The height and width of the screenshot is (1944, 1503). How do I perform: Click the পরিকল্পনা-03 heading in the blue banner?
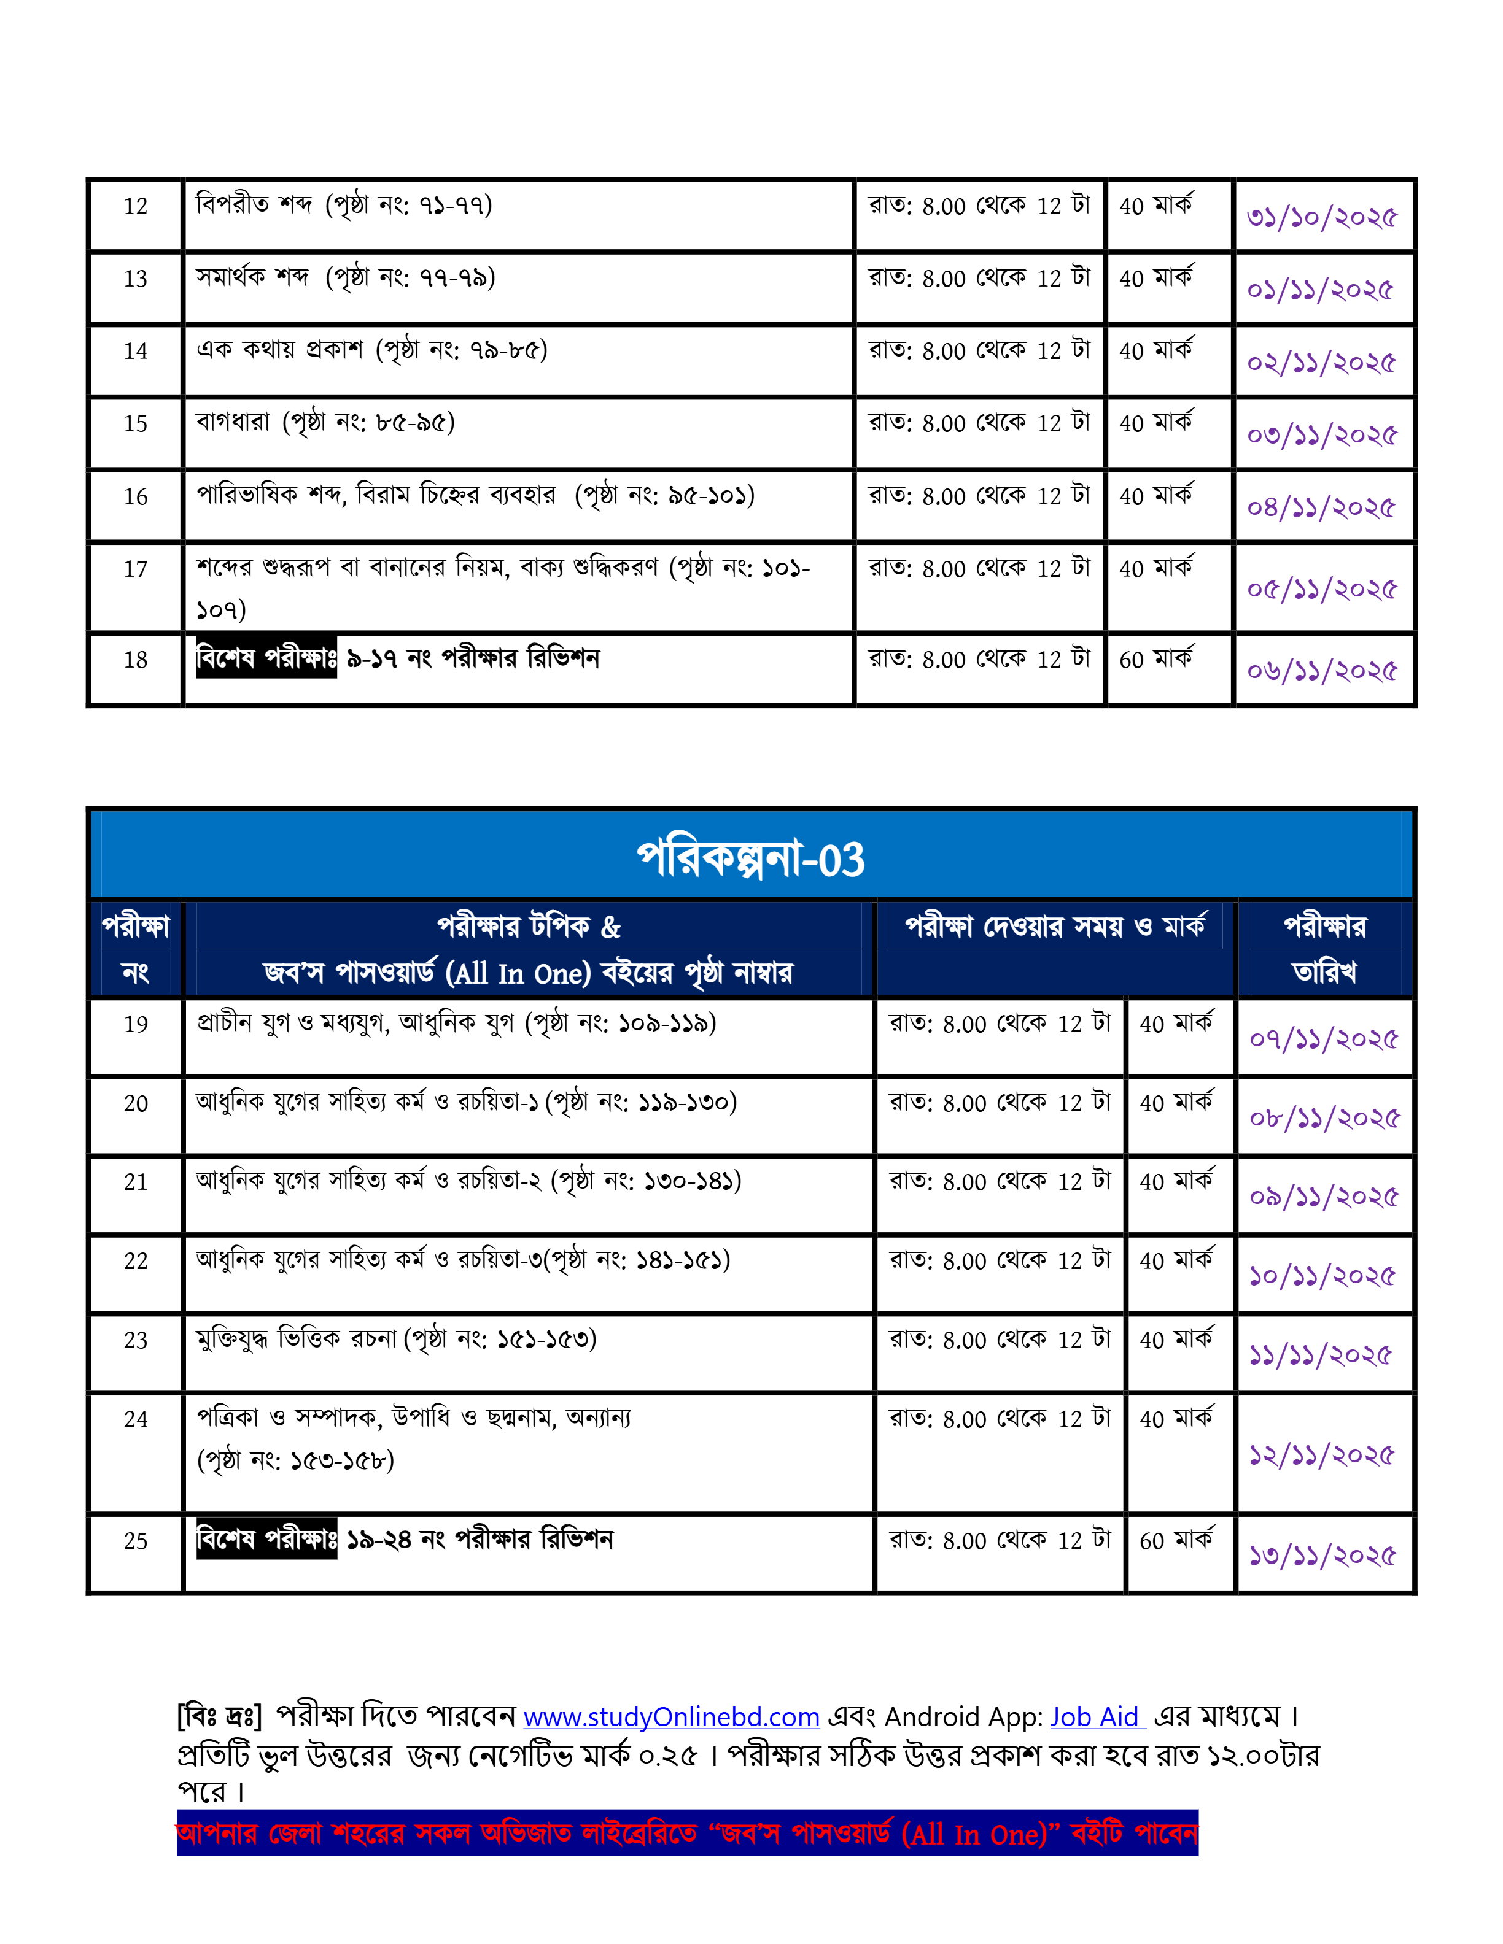751,859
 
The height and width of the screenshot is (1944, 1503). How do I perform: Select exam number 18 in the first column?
135,660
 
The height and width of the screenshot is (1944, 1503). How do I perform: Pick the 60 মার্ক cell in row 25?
1175,1541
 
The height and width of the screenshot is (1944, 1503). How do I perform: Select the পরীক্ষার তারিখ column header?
1324,949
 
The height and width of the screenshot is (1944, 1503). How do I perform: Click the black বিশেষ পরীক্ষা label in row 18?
266,658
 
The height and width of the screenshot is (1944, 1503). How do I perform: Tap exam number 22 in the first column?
135,1261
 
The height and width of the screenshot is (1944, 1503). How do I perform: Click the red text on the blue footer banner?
686,1835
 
